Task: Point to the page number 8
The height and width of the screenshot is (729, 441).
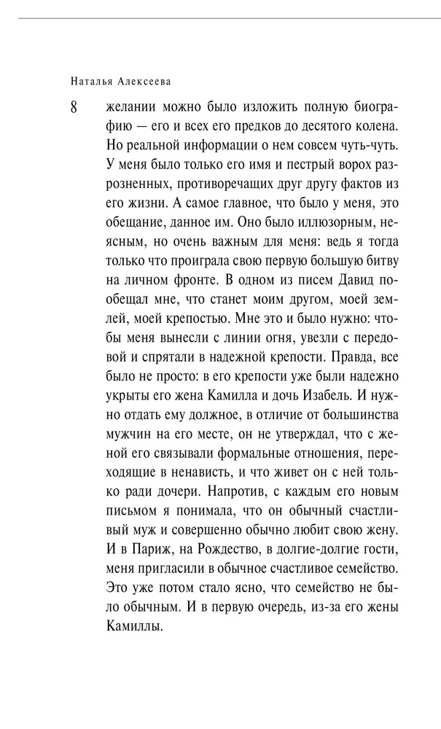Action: coord(74,106)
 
